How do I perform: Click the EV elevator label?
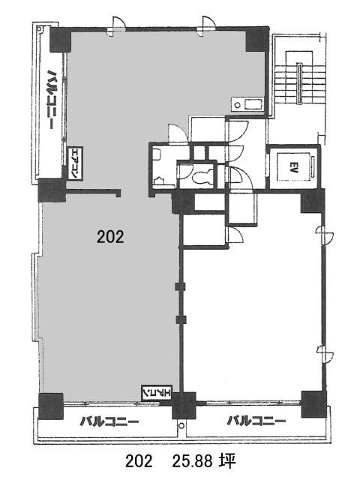coord(293,167)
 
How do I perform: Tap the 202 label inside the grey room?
coord(110,237)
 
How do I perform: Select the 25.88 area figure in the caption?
coord(193,462)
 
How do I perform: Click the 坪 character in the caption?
coord(228,462)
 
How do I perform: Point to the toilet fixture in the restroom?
coord(202,177)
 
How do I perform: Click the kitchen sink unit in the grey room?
coord(247,104)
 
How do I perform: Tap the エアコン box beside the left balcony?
coord(74,163)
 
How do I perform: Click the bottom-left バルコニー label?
coord(109,421)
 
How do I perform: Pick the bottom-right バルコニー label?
coord(256,421)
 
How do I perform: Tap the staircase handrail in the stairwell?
coord(299,83)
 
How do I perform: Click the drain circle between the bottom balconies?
coord(181,425)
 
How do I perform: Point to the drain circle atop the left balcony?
coord(39,29)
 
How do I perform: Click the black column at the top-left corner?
coord(60,40)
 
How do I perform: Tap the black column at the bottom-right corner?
coord(313,404)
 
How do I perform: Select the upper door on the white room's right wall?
coord(325,235)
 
